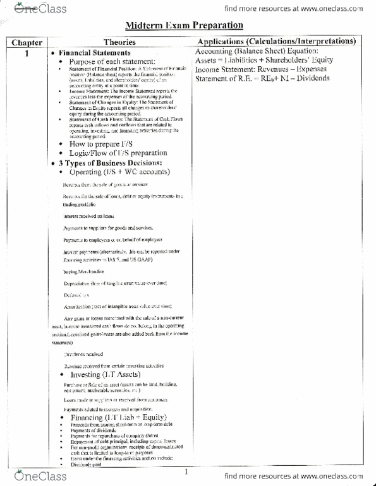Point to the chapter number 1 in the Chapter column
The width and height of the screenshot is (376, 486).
click(26, 53)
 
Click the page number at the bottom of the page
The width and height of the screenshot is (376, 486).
click(186, 471)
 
